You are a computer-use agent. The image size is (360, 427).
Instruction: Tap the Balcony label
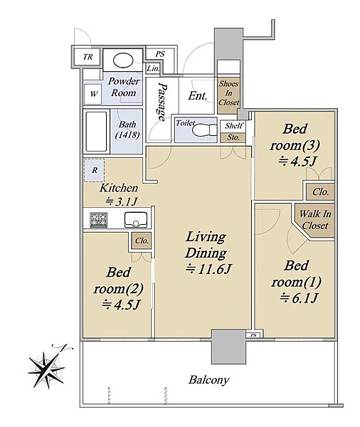(x=209, y=380)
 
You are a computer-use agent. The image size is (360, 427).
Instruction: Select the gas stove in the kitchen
(x=99, y=220)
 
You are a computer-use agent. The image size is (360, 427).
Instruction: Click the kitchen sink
(x=136, y=219)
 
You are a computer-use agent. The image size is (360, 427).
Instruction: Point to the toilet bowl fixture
(x=204, y=130)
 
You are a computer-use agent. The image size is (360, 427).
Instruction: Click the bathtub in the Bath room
(x=96, y=132)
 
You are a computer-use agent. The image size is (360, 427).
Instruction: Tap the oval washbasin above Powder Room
(x=123, y=60)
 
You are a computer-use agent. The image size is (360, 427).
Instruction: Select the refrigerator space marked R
(x=94, y=171)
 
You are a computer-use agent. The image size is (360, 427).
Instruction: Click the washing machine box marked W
(x=93, y=94)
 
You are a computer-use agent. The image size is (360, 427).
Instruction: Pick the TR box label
(x=88, y=57)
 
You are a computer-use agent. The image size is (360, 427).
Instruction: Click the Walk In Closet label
(x=315, y=219)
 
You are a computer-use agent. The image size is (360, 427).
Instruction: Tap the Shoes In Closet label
(x=229, y=93)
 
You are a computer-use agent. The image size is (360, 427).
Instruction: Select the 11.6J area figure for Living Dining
(x=208, y=269)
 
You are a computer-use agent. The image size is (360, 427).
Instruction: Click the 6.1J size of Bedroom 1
(x=299, y=298)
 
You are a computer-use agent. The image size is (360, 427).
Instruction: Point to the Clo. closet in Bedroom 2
(x=142, y=241)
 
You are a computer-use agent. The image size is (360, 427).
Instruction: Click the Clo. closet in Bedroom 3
(x=321, y=192)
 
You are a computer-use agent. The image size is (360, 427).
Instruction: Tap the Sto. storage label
(x=233, y=137)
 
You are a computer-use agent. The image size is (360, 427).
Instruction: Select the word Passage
(x=162, y=102)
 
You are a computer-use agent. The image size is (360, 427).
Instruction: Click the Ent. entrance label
(x=197, y=96)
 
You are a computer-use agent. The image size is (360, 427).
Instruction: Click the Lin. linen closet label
(x=153, y=68)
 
